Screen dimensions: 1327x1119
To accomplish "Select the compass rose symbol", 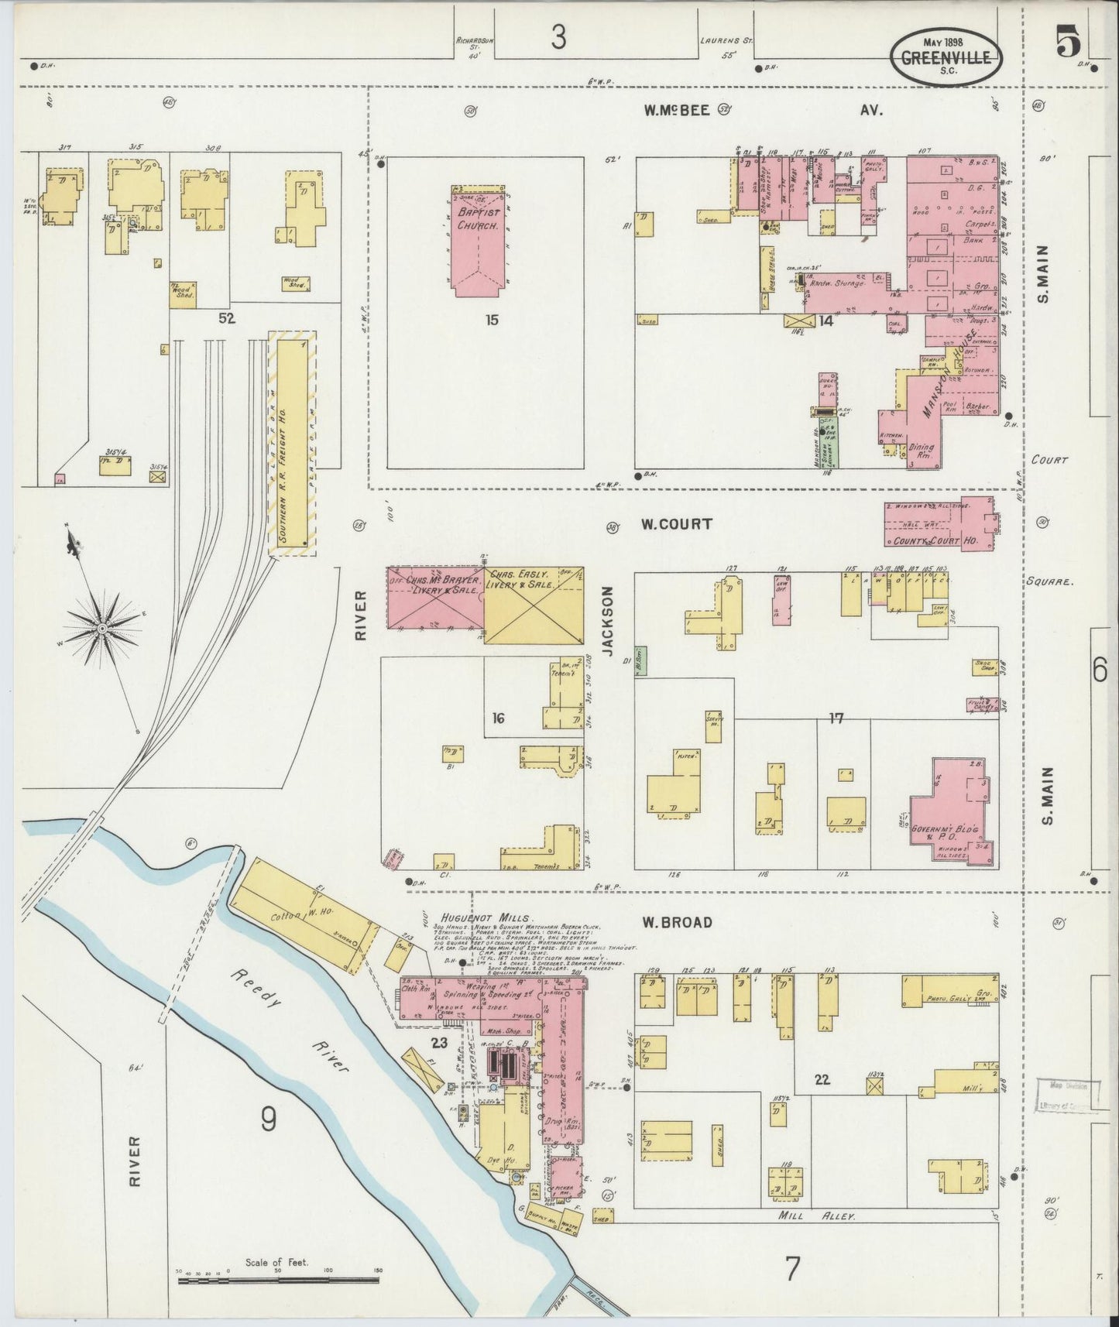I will pos(101,628).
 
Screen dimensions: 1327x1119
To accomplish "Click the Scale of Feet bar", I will pos(278,1281).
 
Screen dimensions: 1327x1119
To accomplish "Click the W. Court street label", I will pos(675,524).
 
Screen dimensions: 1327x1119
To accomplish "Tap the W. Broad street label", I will pos(675,922).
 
